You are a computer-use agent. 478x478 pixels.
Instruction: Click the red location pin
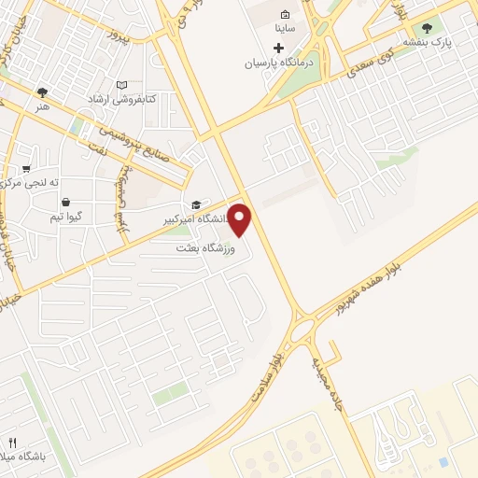pos(240,218)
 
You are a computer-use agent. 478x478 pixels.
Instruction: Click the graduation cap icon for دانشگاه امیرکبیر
pos(196,205)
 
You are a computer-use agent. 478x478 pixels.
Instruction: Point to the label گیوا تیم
pos(70,217)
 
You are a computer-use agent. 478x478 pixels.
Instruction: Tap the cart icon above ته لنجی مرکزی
pos(27,169)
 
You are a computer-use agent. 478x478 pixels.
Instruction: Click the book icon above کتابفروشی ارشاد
pos(121,85)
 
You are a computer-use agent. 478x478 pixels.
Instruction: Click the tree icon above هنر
pos(42,92)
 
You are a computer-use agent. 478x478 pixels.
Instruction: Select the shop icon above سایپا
pos(285,15)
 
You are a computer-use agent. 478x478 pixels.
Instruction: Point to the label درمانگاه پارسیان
pos(277,63)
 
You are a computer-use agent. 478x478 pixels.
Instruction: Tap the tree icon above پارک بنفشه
pos(428,28)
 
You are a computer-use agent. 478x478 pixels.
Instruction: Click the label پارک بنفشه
pos(428,43)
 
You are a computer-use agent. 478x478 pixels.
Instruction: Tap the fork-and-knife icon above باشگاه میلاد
pos(12,442)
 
